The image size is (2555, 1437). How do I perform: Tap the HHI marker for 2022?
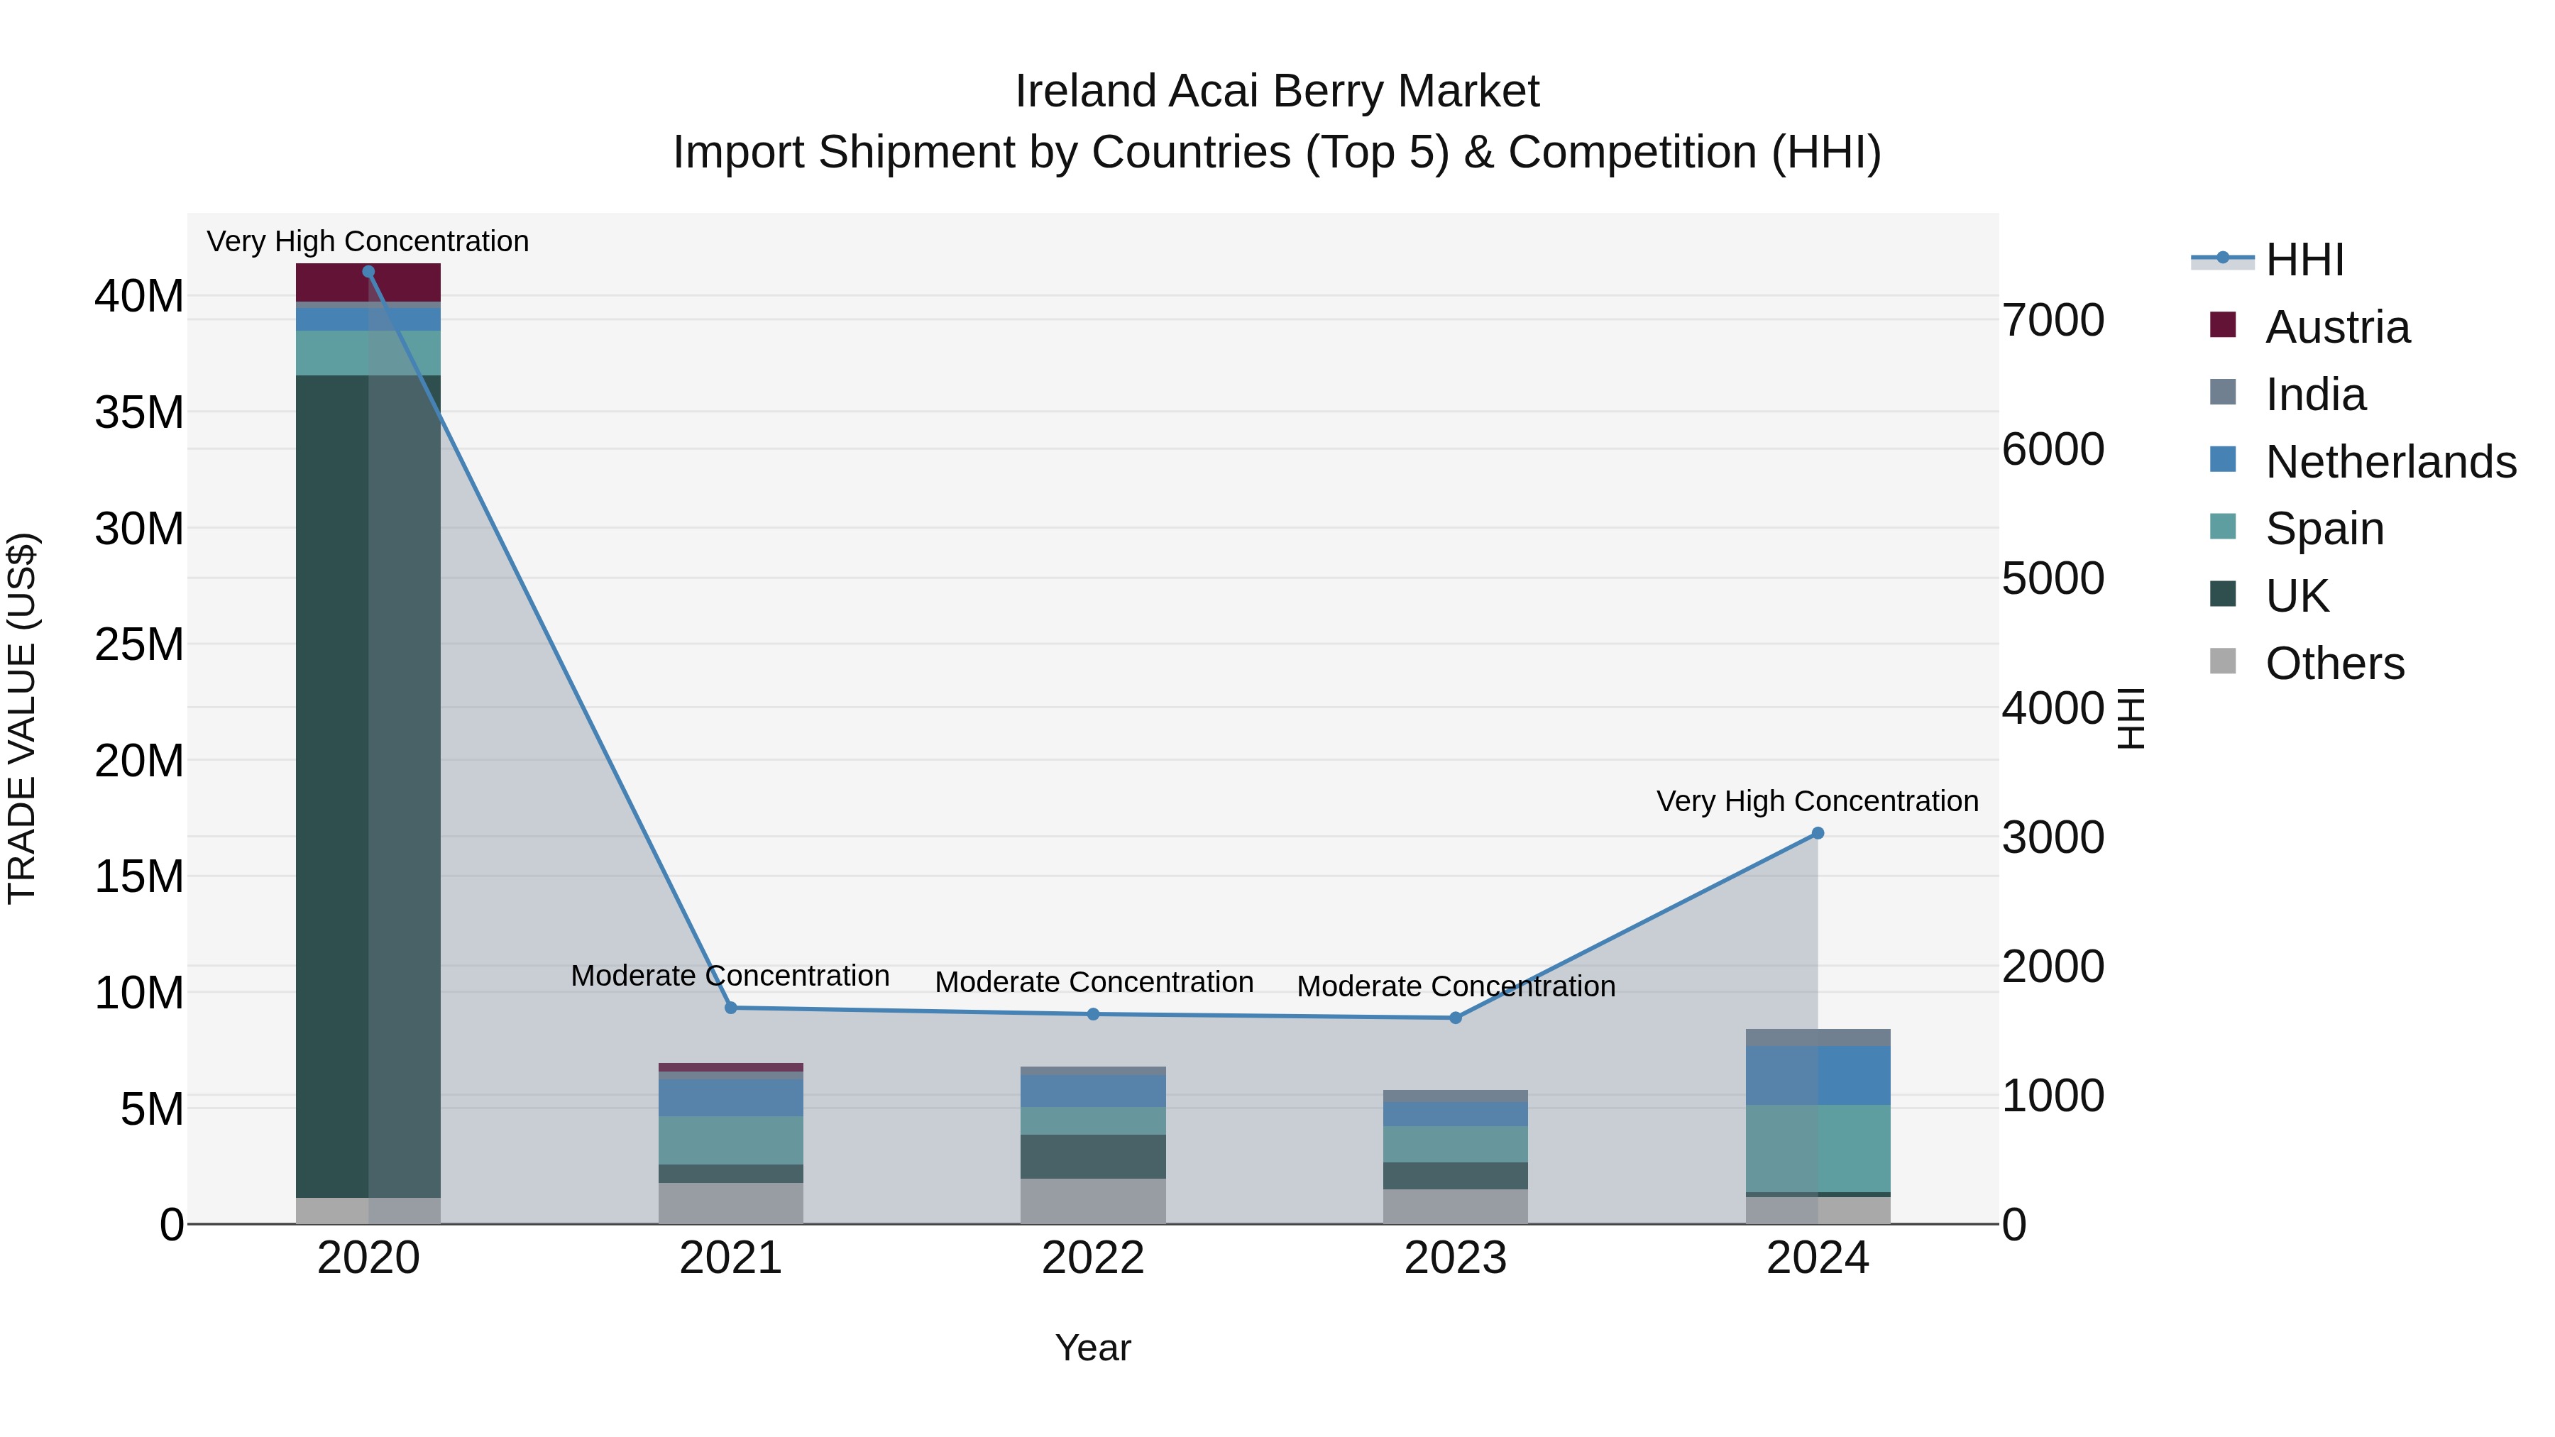pos(1093,1013)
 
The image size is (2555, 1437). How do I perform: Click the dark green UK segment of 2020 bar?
pos(332,783)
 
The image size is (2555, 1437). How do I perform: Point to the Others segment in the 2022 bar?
pos(1093,1201)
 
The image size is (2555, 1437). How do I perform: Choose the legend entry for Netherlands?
pos(2390,462)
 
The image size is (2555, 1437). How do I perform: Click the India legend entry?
pos(2315,395)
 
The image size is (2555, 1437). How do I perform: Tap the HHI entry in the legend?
pos(2303,260)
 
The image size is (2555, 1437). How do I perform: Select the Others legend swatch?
pos(2223,661)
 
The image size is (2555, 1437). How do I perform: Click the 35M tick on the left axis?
pos(139,412)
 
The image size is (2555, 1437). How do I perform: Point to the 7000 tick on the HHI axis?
pos(2052,320)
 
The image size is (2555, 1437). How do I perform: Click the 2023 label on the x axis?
pos(1455,1258)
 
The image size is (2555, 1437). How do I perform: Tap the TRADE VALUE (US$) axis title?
pos(22,718)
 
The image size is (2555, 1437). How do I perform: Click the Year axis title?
pos(1093,1348)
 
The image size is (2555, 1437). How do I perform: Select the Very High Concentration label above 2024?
pos(1816,800)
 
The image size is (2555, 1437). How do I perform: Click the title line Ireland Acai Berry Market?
pos(1277,92)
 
